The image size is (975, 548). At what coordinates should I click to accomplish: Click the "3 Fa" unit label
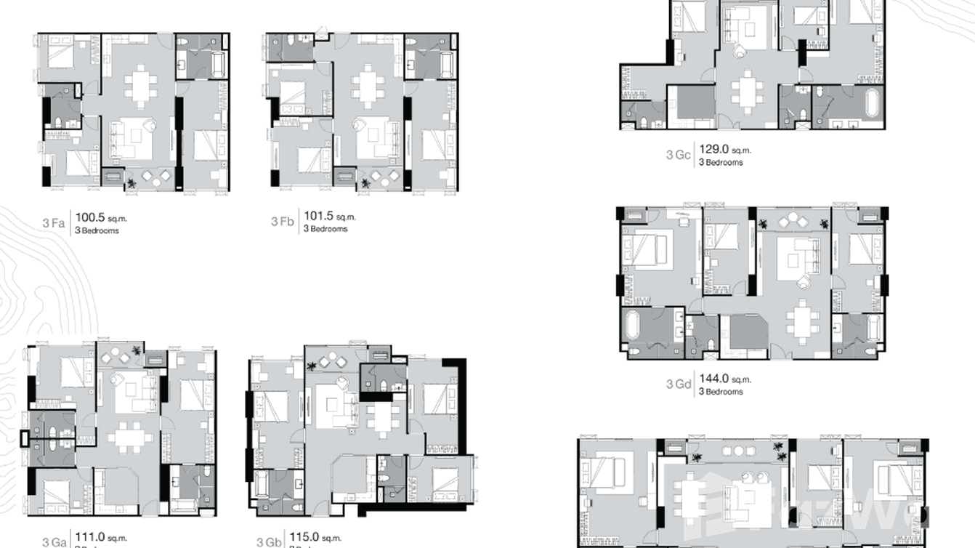pos(54,222)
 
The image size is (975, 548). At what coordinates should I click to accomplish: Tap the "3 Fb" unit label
pos(283,221)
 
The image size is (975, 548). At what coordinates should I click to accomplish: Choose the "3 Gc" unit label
pos(678,154)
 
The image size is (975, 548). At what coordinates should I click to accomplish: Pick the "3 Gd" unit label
pos(678,384)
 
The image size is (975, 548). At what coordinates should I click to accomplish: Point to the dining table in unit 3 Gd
pos(801,321)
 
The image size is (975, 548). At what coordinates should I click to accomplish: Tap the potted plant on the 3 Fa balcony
pos(132,184)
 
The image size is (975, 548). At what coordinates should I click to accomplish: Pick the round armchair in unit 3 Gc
pos(739,49)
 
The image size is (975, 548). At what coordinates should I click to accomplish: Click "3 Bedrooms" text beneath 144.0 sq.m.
pos(721,392)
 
